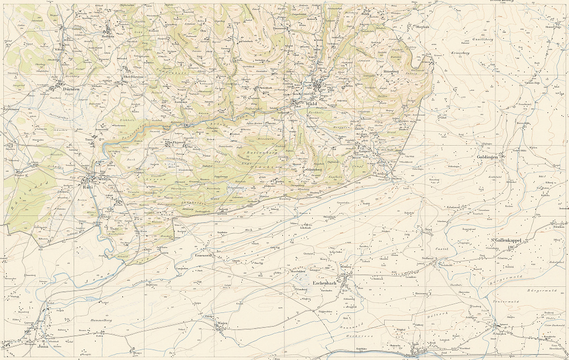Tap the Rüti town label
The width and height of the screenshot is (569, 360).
click(87, 179)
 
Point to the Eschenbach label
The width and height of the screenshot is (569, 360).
click(325, 283)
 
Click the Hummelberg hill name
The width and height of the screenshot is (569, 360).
click(101, 321)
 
